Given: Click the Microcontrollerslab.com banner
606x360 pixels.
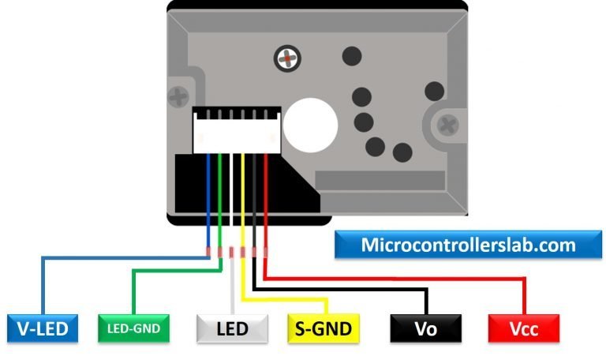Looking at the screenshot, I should point(468,246).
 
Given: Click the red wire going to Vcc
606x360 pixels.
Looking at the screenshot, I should point(395,279).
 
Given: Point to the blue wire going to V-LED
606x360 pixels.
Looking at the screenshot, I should point(118,257).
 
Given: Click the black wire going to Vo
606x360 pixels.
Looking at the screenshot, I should point(339,290).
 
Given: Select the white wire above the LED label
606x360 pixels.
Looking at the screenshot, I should point(232,292).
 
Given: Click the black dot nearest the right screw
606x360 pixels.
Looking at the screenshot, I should point(433,89).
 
